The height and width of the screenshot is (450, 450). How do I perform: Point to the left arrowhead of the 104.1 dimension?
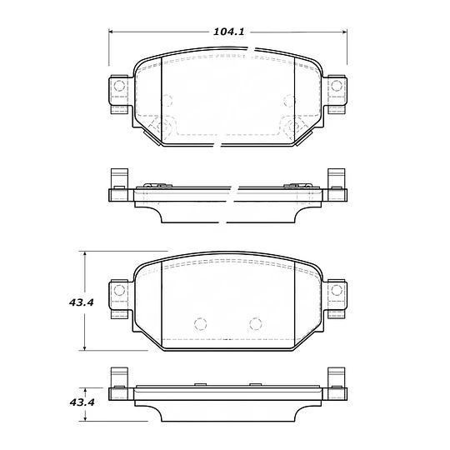pos(113,32)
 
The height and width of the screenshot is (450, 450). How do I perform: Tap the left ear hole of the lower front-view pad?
pos(117,291)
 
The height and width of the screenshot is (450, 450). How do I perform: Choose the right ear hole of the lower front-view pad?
pos(337,291)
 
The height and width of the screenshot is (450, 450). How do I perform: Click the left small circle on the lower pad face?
pos(198,324)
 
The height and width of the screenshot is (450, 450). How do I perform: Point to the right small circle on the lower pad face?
pos(256,324)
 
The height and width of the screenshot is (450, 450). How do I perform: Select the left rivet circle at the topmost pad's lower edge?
pos(162,127)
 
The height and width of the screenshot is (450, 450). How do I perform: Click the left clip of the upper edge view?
pos(117,185)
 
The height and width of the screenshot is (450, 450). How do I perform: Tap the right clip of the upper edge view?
pos(337,185)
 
